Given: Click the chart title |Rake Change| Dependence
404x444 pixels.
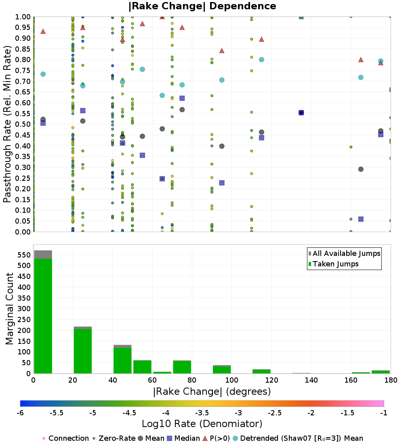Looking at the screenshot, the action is pos(202,6).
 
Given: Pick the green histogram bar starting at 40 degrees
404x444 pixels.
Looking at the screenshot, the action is pos(122,361).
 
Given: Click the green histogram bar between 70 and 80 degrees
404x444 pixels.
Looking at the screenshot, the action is pos(182,367).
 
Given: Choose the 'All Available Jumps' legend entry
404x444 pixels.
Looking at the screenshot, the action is pos(344,253).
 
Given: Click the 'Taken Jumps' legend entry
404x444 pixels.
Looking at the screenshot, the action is pos(333,264).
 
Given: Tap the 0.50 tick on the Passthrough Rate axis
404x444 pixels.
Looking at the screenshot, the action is pos(23,124).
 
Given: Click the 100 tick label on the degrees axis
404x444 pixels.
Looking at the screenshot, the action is pos(231,380).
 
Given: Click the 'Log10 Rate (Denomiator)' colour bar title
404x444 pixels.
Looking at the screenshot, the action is pos(202,424).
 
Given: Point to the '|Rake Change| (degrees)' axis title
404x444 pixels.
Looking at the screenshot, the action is pos(212,392).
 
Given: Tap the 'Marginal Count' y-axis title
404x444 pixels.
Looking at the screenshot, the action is pos(9,309).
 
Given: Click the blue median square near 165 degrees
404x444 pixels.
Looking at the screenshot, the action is pos(361,219).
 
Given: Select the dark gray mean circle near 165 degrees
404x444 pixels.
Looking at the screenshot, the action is pos(361,169).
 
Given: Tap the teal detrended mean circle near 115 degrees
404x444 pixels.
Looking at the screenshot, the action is pos(261,59).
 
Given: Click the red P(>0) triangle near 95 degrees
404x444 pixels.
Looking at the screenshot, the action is pos(222,51).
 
